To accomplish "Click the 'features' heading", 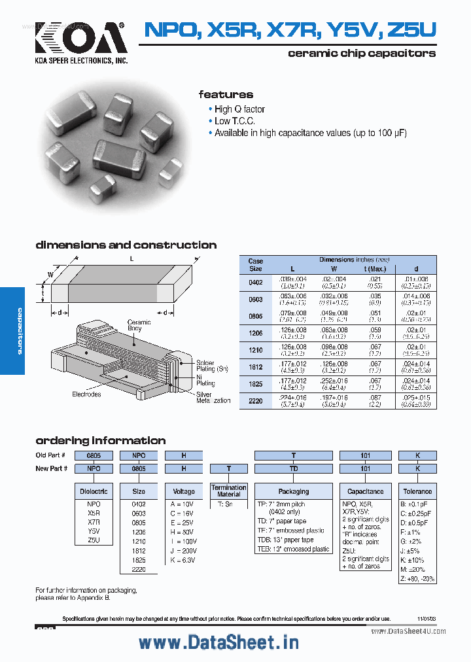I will point(226,94).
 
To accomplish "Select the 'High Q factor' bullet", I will point(239,109).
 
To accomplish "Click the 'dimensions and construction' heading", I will point(126,245).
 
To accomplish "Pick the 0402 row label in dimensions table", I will point(255,283).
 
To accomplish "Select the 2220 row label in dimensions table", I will point(255,401).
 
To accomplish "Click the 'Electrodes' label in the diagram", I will point(86,394).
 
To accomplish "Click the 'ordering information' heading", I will point(100,440).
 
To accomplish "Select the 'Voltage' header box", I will point(184,491).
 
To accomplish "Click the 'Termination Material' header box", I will point(229,491).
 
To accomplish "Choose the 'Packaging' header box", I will point(294,491).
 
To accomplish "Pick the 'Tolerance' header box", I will point(417,491).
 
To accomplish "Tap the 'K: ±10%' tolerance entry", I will point(411,560).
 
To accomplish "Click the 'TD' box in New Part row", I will point(294,468).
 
